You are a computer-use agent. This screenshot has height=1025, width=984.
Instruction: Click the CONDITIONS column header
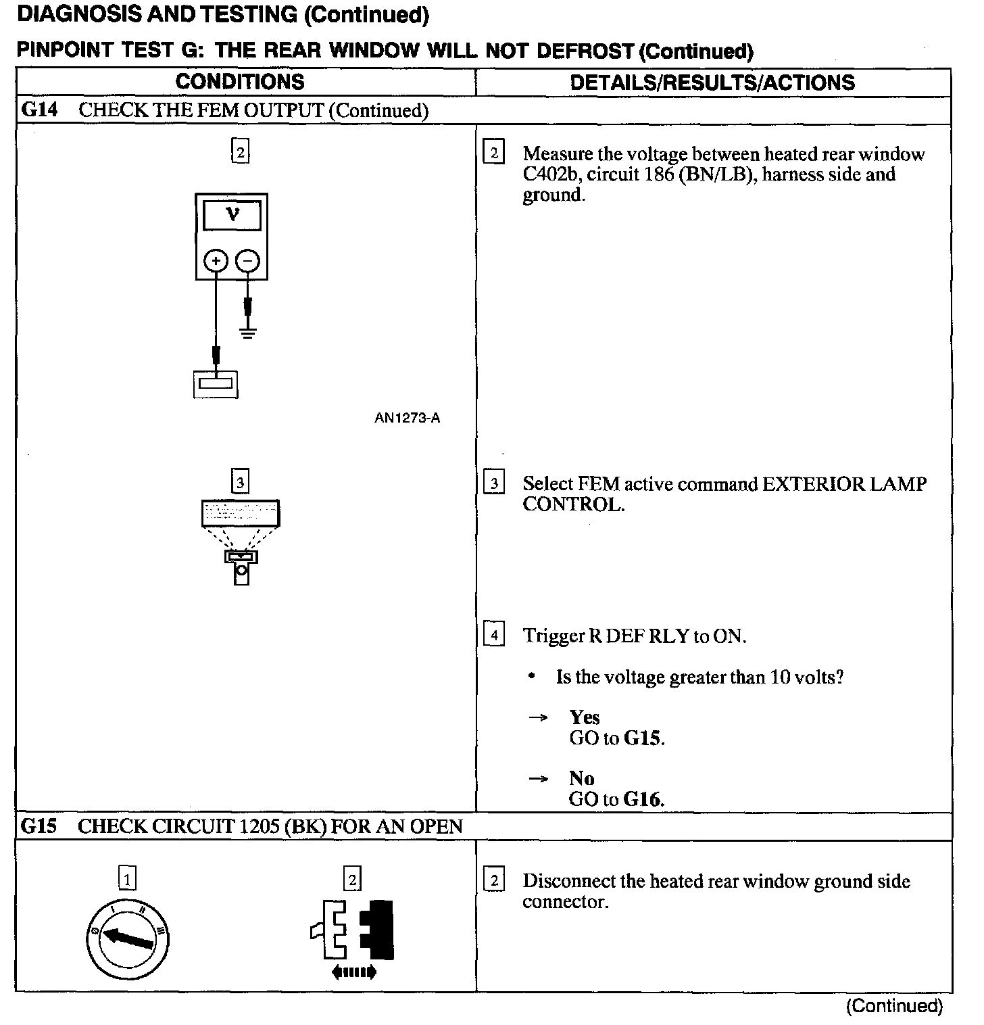tap(239, 82)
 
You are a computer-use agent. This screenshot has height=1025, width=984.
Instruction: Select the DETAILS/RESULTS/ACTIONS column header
tap(712, 82)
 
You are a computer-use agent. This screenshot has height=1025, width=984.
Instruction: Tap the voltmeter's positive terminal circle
tap(216, 261)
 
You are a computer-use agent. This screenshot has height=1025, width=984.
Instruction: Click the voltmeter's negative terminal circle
tap(248, 261)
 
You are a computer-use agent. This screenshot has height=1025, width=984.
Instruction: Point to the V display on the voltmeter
tap(232, 215)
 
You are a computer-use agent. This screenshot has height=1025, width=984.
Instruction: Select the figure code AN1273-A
tap(407, 418)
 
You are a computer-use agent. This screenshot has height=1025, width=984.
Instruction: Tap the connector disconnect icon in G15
tap(351, 929)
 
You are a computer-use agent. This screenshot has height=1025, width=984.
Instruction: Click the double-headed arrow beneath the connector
tap(353, 973)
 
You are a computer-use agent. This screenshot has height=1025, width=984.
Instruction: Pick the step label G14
tap(39, 110)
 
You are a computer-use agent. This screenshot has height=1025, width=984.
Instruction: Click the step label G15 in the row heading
tap(39, 826)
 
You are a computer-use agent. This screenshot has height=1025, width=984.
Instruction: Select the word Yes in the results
tap(584, 717)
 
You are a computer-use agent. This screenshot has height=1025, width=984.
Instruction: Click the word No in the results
tap(581, 778)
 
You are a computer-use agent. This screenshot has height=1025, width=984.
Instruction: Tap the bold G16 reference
tap(643, 799)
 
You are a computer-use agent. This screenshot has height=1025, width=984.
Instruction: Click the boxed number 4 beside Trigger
tap(494, 636)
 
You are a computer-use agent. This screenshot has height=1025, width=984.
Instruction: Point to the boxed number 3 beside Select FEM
tap(494, 483)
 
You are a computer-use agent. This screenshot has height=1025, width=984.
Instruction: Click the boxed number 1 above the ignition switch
tap(126, 879)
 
